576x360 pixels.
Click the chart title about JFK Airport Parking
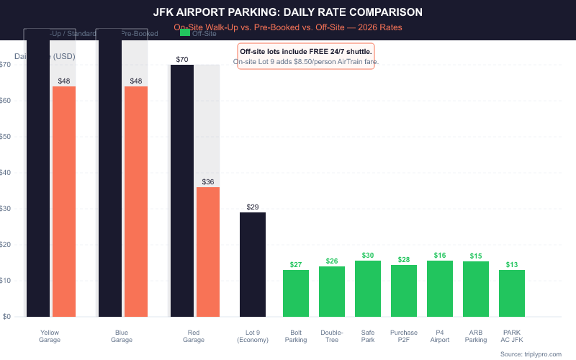pos(288,12)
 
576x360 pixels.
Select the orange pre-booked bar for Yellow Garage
pos(64,201)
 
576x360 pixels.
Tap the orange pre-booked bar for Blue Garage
pos(136,201)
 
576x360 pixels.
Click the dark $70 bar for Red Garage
pos(181,190)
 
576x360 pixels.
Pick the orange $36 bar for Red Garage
pos(208,251)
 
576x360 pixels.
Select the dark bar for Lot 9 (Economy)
pos(253,264)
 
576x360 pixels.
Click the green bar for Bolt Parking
pos(296,293)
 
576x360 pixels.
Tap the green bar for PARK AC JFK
pos(512,293)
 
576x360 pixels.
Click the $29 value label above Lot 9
pos(253,207)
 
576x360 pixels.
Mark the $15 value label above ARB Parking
pos(476,256)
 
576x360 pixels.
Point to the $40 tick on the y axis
pos(5,172)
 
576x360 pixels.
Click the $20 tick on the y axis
pos(5,244)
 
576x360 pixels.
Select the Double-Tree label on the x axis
pos(332,336)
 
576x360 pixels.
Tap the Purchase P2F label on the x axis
pos(404,336)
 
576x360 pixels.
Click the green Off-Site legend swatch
pos(185,32)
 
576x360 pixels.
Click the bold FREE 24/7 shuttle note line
pos(306,52)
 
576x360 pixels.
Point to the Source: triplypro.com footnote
pos(531,354)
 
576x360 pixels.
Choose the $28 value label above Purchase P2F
pos(404,259)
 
